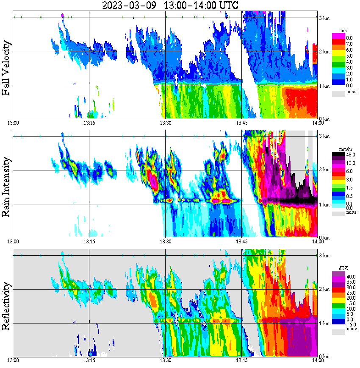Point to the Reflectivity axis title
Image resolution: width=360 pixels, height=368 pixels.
[x=6, y=305]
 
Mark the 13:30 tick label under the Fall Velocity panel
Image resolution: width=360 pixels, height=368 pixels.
[x=165, y=123]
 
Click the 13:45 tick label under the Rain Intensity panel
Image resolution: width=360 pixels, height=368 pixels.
[x=241, y=242]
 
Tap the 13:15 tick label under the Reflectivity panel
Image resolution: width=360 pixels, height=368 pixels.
[x=89, y=360]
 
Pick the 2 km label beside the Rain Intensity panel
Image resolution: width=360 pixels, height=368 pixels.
[x=324, y=170]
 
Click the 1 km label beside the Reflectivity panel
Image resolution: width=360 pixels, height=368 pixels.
[x=324, y=323]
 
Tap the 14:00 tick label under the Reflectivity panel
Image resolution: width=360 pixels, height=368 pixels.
[x=318, y=360]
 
